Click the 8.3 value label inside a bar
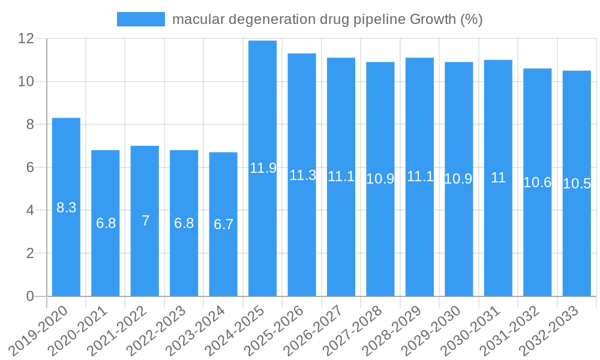click(x=66, y=208)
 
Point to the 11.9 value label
click(x=263, y=168)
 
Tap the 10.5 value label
click(x=577, y=184)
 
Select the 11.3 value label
click(x=302, y=175)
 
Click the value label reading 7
click(x=145, y=221)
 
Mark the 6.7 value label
click(x=223, y=224)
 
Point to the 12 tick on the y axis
click(x=26, y=38)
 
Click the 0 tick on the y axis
click(x=31, y=296)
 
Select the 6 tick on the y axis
click(x=31, y=167)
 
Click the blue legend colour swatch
click(x=141, y=19)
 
